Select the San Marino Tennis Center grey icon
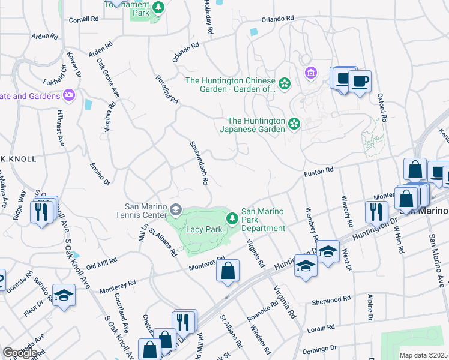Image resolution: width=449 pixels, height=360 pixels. click(x=176, y=209)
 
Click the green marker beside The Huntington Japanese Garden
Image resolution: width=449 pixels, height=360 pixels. click(x=294, y=124)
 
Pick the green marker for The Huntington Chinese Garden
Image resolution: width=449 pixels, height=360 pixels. click(x=284, y=83)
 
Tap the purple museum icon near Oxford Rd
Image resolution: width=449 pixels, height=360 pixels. click(x=310, y=73)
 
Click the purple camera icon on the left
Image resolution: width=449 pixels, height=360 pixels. click(x=69, y=95)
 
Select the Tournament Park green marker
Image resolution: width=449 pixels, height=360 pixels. click(x=158, y=8)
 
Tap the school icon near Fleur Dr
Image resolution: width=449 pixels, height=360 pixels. click(x=63, y=295)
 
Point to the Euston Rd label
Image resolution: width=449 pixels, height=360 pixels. click(x=321, y=171)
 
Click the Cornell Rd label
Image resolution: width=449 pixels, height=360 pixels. click(x=83, y=19)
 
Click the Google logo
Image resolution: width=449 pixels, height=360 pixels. click(x=20, y=353)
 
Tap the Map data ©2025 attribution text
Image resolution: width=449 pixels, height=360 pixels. click(x=423, y=355)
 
